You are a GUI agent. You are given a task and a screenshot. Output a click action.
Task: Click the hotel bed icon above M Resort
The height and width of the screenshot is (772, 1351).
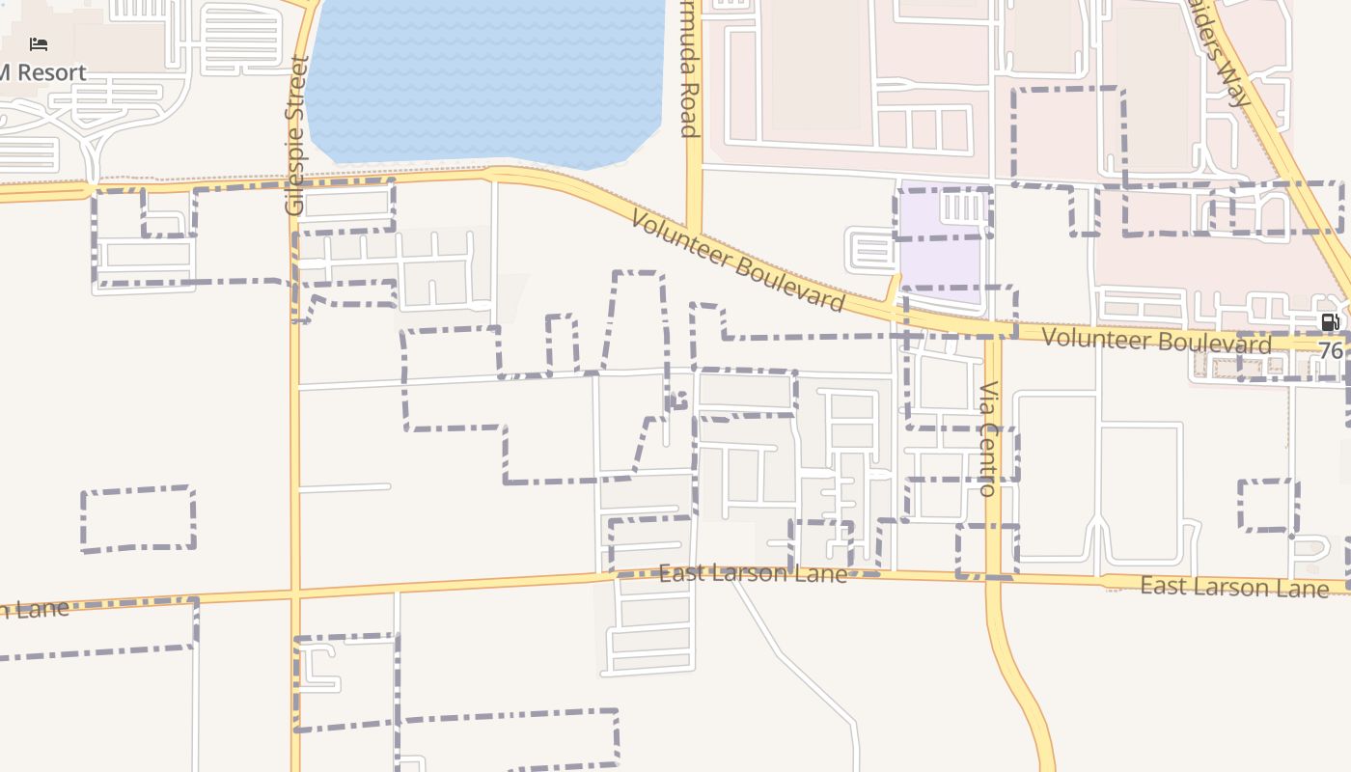pyautogui.click(x=39, y=44)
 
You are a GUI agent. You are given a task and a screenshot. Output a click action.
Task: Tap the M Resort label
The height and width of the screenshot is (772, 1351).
pyautogui.click(x=43, y=72)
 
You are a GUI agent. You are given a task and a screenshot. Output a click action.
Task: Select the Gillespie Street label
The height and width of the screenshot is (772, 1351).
pyautogui.click(x=296, y=135)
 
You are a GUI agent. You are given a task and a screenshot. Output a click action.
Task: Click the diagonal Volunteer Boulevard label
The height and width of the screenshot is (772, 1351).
pyautogui.click(x=737, y=262)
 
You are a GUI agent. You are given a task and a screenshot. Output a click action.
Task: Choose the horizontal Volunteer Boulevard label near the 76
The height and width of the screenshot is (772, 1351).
pyautogui.click(x=1156, y=341)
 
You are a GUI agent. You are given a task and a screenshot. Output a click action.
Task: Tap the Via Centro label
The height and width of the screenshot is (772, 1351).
pyautogui.click(x=988, y=439)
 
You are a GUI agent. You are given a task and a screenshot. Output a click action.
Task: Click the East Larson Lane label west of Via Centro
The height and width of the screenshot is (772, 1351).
pyautogui.click(x=753, y=574)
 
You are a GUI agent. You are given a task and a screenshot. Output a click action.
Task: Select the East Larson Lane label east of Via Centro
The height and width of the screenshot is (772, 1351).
pyautogui.click(x=1234, y=587)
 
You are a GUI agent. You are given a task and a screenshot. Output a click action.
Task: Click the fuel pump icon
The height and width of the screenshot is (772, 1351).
pyautogui.click(x=1330, y=322)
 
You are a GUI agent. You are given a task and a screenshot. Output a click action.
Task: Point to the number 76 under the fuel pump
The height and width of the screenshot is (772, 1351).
pyautogui.click(x=1330, y=350)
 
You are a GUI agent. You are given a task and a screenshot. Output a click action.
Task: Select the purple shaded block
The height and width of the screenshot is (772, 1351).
pyautogui.click(x=938, y=241)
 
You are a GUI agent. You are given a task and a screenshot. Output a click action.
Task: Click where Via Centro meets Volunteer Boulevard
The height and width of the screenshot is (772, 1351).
pyautogui.click(x=993, y=333)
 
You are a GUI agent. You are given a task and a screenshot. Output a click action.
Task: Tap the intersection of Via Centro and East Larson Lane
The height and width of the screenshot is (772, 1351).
pyautogui.click(x=994, y=577)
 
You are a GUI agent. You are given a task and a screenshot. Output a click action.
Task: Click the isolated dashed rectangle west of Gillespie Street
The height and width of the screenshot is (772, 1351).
pyautogui.click(x=138, y=519)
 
